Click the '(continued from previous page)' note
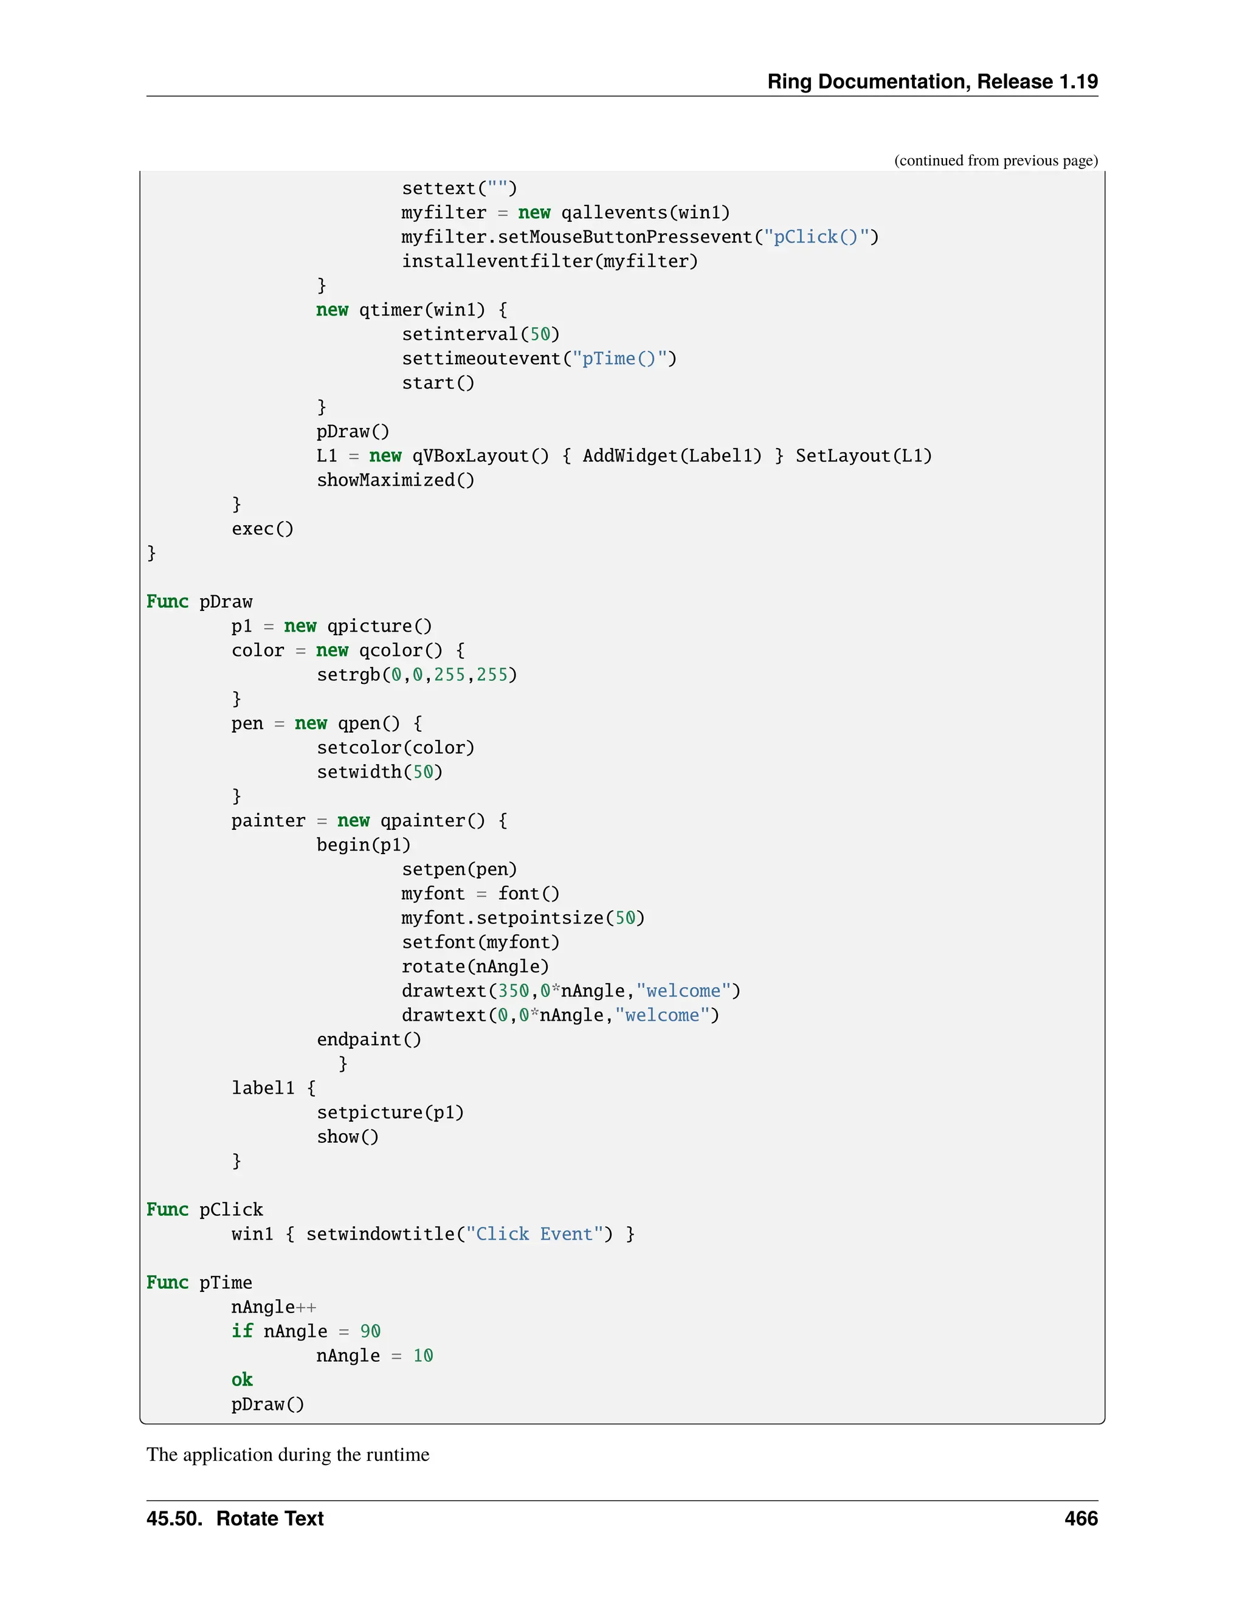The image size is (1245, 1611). (996, 161)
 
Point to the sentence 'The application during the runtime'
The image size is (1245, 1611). (288, 1454)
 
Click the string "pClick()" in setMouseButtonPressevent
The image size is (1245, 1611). (815, 236)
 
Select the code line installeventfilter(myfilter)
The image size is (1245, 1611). (550, 261)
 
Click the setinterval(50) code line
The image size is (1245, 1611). (480, 334)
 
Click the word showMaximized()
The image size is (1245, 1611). (395, 480)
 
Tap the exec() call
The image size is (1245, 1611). (263, 529)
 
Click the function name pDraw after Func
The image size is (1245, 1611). (226, 602)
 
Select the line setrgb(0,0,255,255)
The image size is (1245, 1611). (416, 675)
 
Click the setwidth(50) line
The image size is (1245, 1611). (379, 772)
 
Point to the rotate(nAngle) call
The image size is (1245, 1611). (475, 967)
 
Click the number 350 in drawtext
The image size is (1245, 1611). (513, 991)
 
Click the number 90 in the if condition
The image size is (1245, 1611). (370, 1331)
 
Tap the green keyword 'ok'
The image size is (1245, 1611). (242, 1379)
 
